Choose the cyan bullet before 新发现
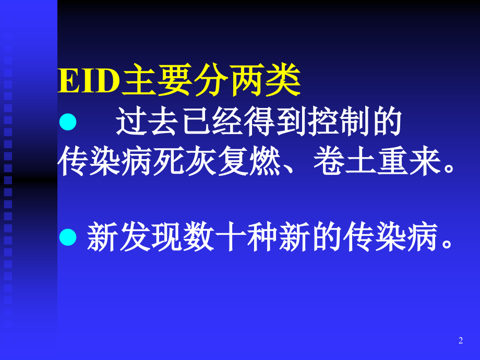pyautogui.click(x=68, y=237)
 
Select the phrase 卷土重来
pyautogui.click(x=373, y=162)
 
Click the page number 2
pyautogui.click(x=461, y=341)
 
